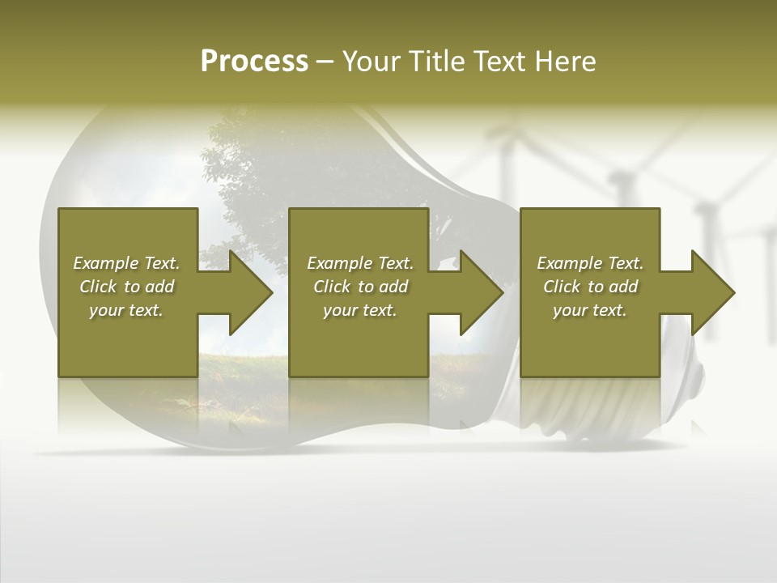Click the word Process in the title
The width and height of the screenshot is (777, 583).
[x=254, y=62]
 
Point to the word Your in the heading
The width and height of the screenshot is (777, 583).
[x=370, y=62]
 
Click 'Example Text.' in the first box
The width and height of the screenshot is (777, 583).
[x=126, y=263]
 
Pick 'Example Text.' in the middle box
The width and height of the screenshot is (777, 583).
[x=360, y=263]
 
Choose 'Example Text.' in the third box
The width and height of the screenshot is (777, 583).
[x=590, y=263]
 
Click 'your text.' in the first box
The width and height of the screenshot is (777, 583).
[x=126, y=310]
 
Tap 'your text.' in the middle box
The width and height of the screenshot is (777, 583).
[x=360, y=310]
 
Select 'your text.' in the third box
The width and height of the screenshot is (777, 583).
[x=590, y=310]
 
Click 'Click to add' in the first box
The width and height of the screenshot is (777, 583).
[x=126, y=287]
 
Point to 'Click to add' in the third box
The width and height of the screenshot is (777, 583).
[x=590, y=287]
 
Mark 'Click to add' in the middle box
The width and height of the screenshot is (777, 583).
[x=360, y=287]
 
